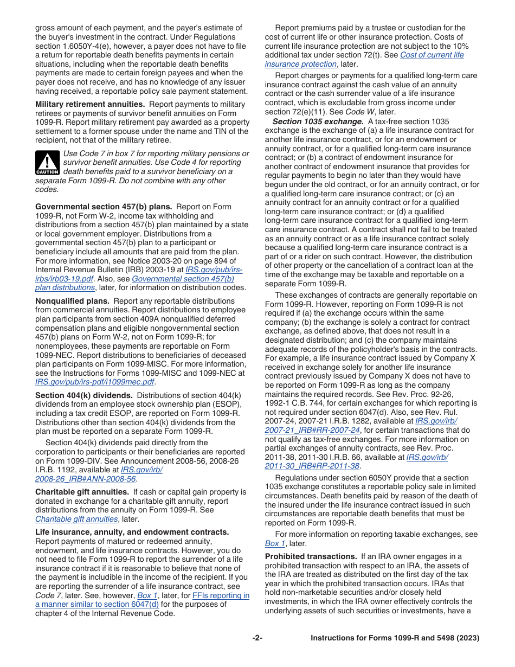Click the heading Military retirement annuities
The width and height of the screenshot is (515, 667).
tap(90, 104)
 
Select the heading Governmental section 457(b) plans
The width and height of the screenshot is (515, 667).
tap(104, 207)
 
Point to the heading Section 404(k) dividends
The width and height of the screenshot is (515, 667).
tap(83, 395)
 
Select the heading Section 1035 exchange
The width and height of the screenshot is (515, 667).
tap(318, 121)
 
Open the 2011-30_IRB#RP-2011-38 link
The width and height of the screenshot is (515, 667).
tap(312, 466)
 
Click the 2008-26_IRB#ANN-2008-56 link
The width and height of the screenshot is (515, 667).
tap(85, 479)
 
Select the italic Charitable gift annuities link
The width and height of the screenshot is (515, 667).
tap(76, 519)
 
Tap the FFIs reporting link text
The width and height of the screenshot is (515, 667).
tap(221, 595)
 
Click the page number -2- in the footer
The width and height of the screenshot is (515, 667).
tap(257, 638)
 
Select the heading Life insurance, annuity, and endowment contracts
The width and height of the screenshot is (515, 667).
tap(132, 533)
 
